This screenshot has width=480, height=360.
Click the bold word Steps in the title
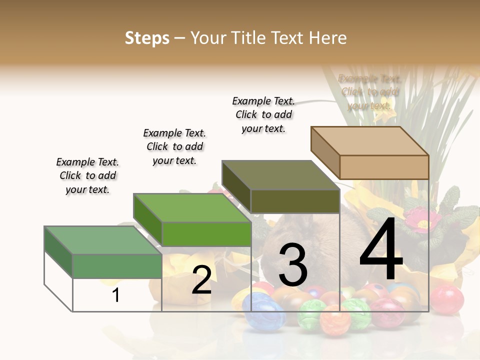(x=147, y=38)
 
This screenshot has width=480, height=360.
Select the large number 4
(x=381, y=250)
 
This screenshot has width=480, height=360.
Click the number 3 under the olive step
(x=292, y=265)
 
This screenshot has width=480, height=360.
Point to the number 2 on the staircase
(x=201, y=280)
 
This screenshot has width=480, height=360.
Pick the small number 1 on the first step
(x=116, y=295)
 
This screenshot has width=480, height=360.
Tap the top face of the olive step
(x=280, y=175)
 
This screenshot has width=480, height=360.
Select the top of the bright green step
(x=192, y=207)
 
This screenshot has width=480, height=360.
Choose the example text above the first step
(x=87, y=176)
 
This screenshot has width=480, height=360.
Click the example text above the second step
(x=174, y=146)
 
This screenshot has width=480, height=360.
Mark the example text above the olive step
(x=263, y=114)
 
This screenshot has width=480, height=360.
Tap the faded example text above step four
(x=369, y=92)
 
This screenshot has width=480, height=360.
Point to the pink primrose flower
(x=422, y=220)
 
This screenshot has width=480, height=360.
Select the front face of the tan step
(x=384, y=167)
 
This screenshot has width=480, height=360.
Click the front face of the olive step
(x=295, y=201)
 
